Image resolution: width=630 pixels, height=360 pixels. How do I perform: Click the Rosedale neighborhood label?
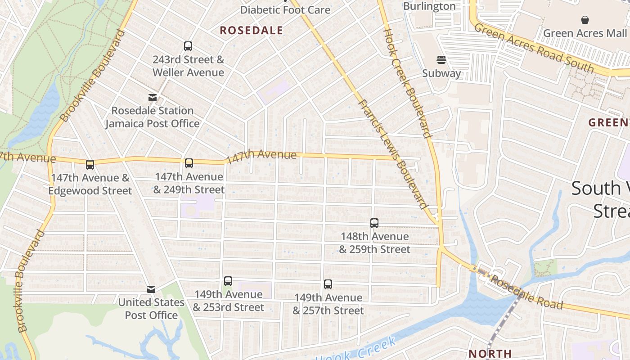[x=252, y=31]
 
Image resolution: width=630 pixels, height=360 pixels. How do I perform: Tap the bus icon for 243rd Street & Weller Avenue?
[x=188, y=46]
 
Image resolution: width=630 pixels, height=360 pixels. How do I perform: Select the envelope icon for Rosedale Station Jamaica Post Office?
[x=153, y=98]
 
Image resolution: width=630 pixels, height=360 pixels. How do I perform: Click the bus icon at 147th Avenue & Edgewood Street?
[x=90, y=165]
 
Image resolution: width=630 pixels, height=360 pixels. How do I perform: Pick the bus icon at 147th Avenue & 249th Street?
[x=189, y=163]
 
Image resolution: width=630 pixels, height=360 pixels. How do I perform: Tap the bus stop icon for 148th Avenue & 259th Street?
[x=374, y=223]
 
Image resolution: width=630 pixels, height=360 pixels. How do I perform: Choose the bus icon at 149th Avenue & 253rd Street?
[x=228, y=281]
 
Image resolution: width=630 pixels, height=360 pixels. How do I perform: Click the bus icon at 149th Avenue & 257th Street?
[x=328, y=284]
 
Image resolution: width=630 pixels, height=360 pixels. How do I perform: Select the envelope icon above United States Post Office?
[x=151, y=289]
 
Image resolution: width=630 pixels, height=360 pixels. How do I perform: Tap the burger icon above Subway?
[x=441, y=60]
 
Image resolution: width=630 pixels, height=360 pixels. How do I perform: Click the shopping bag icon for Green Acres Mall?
[x=585, y=20]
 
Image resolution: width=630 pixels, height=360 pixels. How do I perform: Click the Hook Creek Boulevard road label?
[x=407, y=83]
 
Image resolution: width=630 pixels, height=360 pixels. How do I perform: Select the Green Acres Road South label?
[x=534, y=48]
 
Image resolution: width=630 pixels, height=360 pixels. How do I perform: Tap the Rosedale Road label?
[x=526, y=293]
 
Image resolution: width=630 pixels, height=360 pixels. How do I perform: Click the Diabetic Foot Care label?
[x=285, y=10]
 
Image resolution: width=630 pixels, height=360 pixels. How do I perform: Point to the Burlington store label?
[x=429, y=6]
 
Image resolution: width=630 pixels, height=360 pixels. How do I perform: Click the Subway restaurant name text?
[x=441, y=73]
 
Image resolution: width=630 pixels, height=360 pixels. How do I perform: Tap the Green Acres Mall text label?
[x=585, y=33]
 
